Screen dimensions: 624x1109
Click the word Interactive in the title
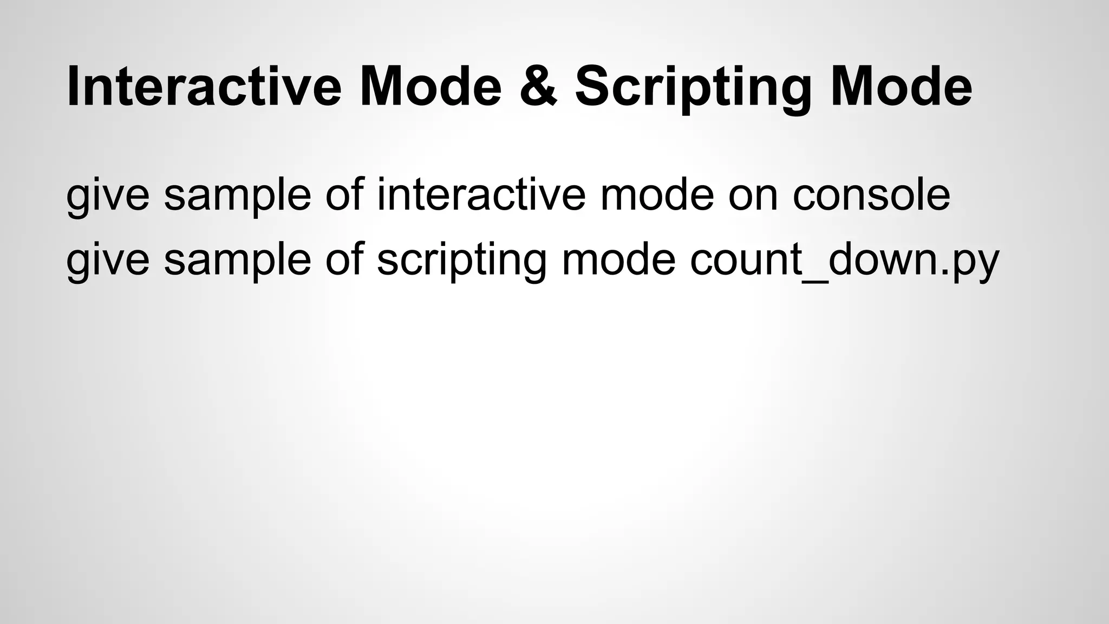pos(204,87)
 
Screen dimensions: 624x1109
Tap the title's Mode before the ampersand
pos(430,87)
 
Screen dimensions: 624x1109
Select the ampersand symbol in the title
pos(538,87)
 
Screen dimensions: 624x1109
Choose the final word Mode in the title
pos(902,87)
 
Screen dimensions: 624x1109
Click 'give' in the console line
pos(107,196)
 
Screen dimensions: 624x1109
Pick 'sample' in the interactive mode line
pos(237,196)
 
